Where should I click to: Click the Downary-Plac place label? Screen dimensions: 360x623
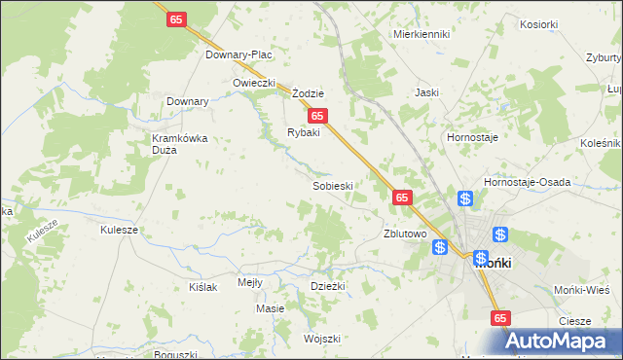coord(238,54)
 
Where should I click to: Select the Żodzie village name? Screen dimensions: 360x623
coord(308,93)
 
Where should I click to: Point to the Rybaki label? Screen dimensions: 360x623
coord(303,132)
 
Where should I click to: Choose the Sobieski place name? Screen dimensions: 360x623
coord(332,185)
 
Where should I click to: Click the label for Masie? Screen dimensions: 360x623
coord(270,308)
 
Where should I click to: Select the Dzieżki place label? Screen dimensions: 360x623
coord(328,285)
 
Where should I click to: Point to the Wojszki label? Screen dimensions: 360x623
coord(321,339)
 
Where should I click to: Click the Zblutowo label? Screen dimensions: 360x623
coord(406,234)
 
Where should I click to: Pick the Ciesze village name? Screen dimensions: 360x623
coord(575,321)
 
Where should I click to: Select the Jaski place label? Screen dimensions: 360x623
coord(426,92)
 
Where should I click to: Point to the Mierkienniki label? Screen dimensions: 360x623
coord(421,34)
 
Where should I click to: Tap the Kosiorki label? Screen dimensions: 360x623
coord(538,24)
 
